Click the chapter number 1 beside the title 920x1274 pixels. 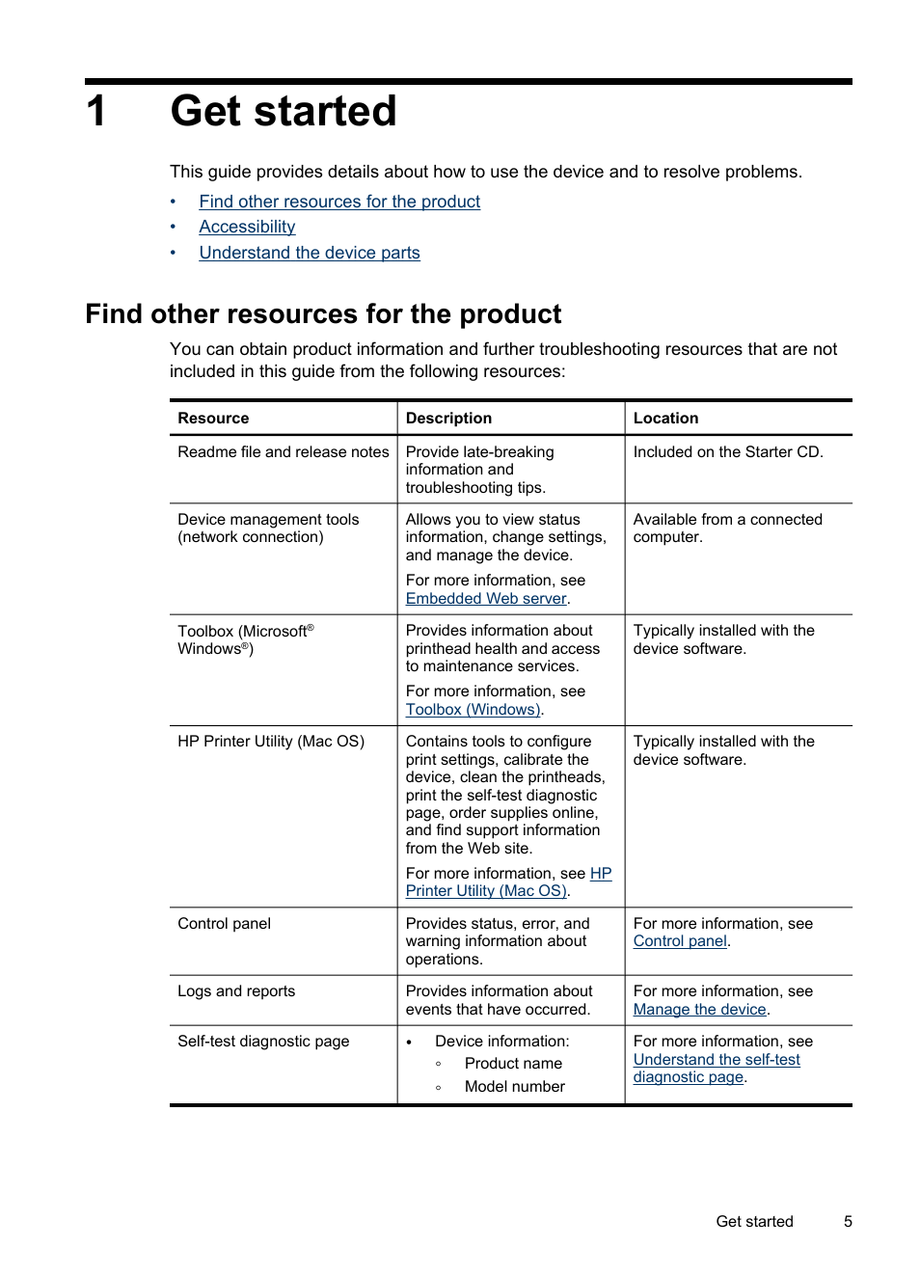click(x=96, y=111)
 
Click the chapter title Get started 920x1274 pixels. click(x=284, y=111)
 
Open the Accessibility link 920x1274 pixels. click(x=247, y=227)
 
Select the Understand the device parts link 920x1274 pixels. click(x=310, y=253)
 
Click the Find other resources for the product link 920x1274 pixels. click(x=339, y=202)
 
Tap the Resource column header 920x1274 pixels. click(x=213, y=419)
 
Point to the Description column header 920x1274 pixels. click(x=448, y=419)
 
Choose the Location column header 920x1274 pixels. click(x=665, y=419)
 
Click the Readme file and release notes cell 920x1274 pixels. click(x=284, y=452)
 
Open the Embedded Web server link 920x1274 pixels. click(x=486, y=599)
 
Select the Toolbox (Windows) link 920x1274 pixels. click(x=473, y=710)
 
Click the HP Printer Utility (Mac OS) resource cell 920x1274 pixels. click(x=271, y=742)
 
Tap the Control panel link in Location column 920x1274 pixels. click(x=680, y=941)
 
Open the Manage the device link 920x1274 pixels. click(x=699, y=1010)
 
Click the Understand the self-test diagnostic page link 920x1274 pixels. click(x=717, y=1060)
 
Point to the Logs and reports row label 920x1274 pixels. click(x=236, y=991)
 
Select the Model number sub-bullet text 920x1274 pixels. click(x=514, y=1087)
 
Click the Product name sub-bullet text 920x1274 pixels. click(x=513, y=1064)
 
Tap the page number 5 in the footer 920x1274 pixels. click(x=848, y=1222)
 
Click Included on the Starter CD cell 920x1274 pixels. click(x=728, y=452)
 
